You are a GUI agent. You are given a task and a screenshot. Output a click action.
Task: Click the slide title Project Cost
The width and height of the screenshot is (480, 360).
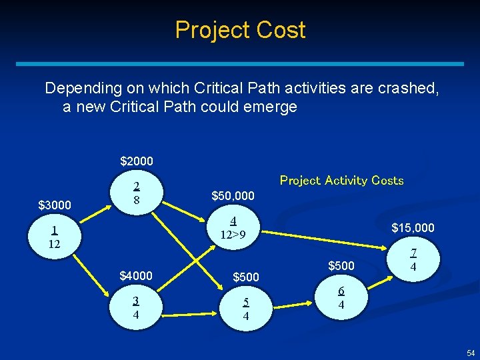click(x=240, y=30)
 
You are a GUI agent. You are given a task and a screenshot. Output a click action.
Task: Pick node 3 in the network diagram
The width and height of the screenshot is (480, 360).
click(x=136, y=307)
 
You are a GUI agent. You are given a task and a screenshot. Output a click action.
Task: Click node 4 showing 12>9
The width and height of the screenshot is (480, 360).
click(x=233, y=228)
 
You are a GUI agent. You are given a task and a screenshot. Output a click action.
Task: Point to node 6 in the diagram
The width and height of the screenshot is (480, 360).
click(x=341, y=298)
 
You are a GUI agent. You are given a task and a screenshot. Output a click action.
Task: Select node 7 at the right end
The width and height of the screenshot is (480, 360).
click(x=413, y=260)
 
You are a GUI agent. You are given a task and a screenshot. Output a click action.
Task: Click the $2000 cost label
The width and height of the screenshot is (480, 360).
click(x=137, y=161)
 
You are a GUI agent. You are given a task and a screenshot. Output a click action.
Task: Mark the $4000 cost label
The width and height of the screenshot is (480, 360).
click(x=136, y=275)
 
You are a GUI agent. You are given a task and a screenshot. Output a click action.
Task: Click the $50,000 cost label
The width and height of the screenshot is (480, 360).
click(x=232, y=196)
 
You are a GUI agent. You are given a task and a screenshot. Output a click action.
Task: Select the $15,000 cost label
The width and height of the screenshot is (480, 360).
click(x=413, y=228)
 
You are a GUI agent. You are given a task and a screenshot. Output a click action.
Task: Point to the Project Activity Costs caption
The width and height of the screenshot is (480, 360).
click(x=341, y=181)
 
